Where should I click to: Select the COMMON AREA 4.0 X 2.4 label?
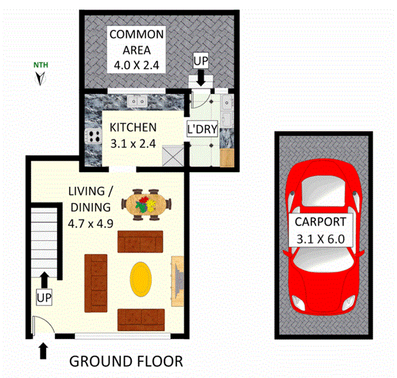[x=137, y=49]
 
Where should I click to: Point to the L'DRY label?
[x=202, y=130]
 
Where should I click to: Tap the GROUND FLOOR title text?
[x=126, y=362]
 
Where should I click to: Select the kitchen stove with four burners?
[x=94, y=135]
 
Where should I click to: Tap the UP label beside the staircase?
[x=44, y=297]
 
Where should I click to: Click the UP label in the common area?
[x=200, y=61]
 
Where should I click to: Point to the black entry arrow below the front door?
[x=43, y=350]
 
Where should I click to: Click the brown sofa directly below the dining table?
[x=141, y=241]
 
